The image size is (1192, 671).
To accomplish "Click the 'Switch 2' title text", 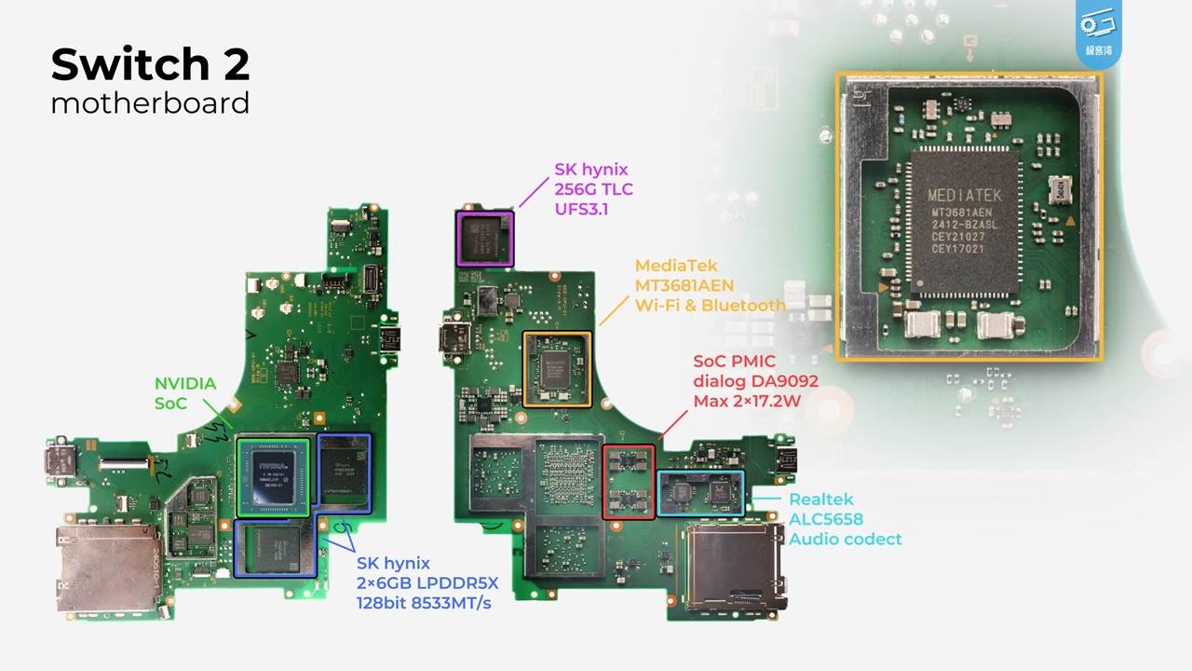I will tap(150, 65).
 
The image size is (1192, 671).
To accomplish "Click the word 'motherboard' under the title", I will tap(150, 103).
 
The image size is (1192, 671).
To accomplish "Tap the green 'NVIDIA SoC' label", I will tap(185, 393).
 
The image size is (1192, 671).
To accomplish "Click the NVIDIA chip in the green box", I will tap(272, 475).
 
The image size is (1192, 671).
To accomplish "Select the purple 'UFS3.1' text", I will tap(581, 209).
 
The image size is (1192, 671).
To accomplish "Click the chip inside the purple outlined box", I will tap(485, 239).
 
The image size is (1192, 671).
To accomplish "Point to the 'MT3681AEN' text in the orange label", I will tap(684, 285).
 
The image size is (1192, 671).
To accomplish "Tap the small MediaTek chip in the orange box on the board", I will tap(557, 369).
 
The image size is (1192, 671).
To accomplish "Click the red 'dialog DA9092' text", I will tap(755, 381).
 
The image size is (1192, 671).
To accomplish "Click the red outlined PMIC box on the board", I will tap(629, 482).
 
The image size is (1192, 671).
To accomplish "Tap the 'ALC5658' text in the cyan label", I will tap(826, 519).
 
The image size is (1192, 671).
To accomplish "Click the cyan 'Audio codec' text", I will tap(846, 539).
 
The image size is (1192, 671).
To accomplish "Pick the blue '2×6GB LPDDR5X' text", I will tap(427, 583).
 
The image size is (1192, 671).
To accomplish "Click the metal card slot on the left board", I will tap(99, 568).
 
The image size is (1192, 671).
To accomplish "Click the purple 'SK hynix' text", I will tap(591, 170).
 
